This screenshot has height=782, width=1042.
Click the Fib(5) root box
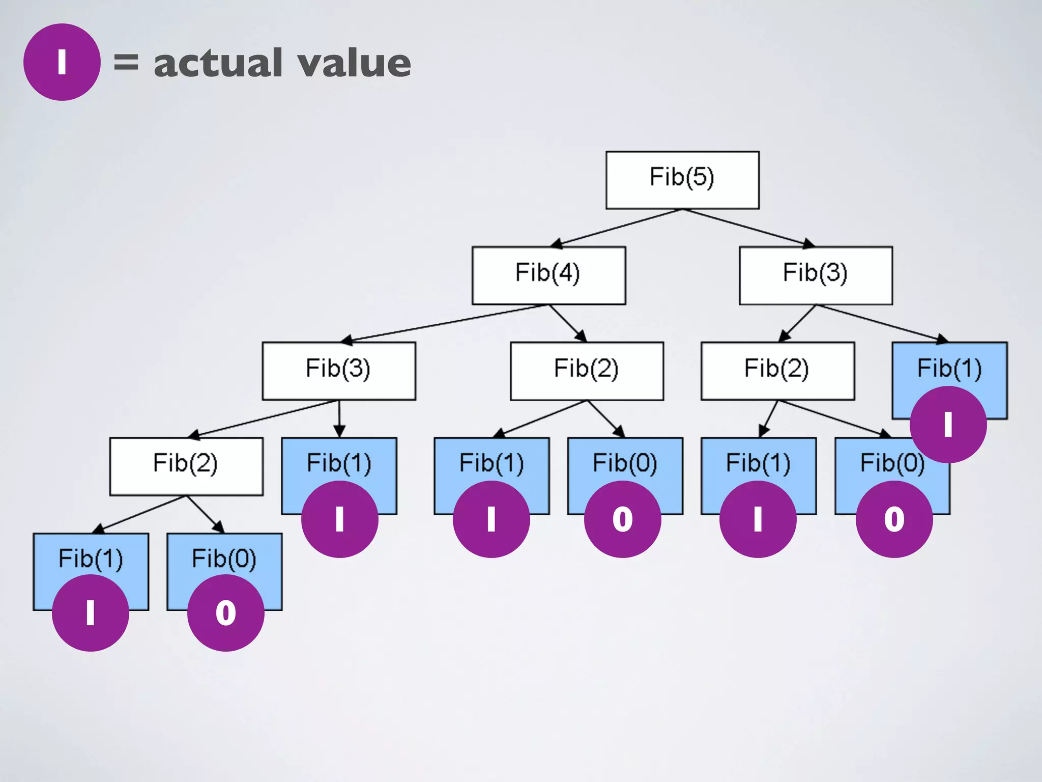point(682,179)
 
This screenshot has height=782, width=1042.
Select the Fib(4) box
point(548,275)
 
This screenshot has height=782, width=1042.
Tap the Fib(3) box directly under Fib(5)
point(815,275)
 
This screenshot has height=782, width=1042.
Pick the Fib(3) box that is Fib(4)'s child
point(338,370)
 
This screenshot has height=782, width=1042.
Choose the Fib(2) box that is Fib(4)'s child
point(587,370)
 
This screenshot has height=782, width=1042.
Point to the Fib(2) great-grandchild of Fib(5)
point(186,465)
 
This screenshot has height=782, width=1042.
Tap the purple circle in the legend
point(62,62)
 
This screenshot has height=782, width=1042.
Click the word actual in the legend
point(218,63)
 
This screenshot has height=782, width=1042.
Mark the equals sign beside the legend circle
point(126,62)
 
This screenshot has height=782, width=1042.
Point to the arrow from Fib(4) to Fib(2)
point(567,323)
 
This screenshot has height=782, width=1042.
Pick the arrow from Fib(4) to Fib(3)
point(443,323)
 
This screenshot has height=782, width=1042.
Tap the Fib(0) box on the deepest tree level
point(224,557)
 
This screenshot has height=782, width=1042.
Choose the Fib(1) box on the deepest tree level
point(91,557)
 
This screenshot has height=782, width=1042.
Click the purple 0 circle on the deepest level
point(225,612)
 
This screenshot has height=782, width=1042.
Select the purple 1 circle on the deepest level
point(91,612)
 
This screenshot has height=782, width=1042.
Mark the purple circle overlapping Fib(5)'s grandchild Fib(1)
point(948,424)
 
